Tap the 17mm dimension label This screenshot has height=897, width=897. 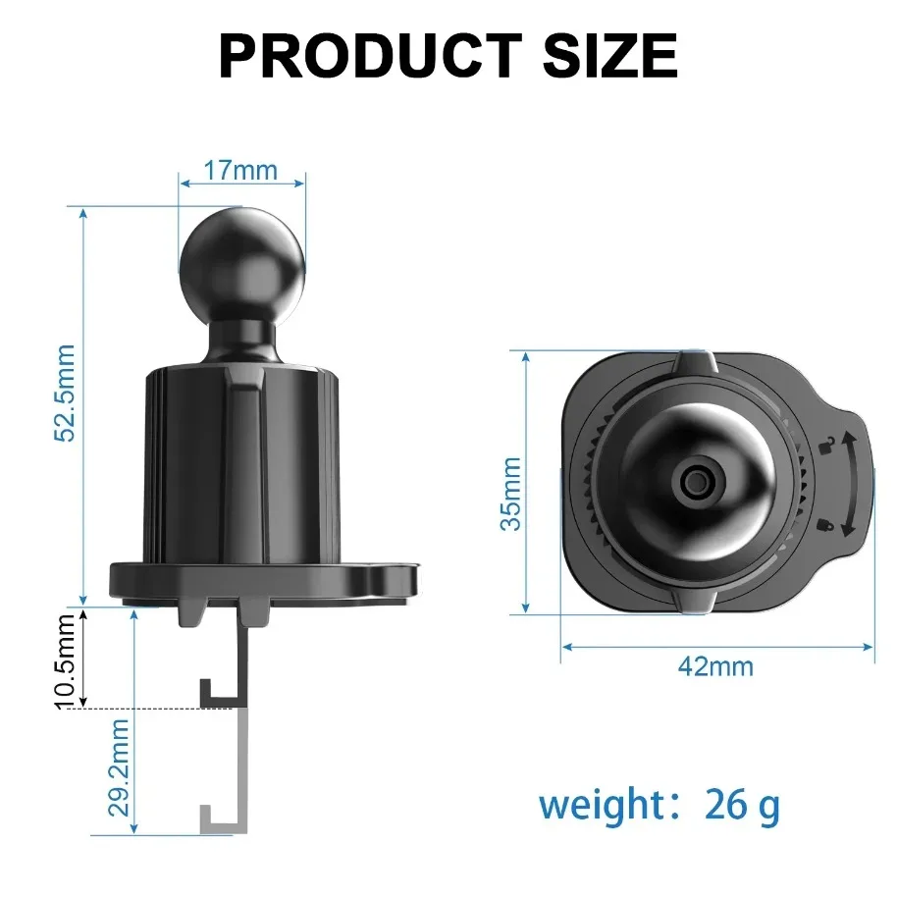240,170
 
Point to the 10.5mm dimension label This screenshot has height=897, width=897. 66,658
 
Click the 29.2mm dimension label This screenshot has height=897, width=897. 118,771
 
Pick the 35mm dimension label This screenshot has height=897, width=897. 510,493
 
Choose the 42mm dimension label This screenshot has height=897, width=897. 715,666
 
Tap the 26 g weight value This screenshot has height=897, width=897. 742,806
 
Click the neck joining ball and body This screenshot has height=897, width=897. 241,339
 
